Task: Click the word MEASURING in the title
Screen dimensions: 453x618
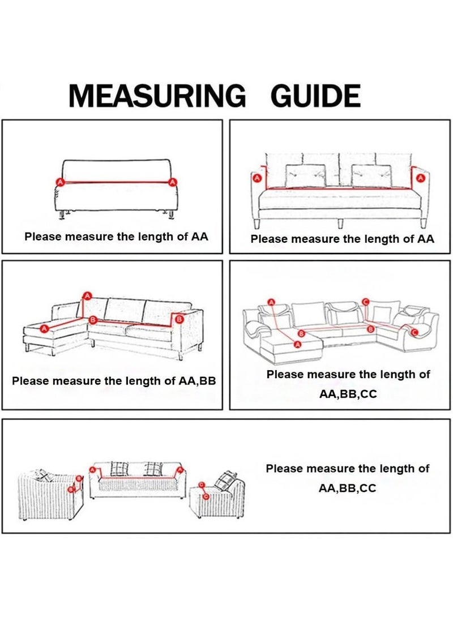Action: [x=157, y=96]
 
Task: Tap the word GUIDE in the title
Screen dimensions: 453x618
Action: [x=315, y=96]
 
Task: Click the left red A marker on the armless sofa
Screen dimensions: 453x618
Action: [x=60, y=182]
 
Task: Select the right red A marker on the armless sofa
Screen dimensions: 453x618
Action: [x=172, y=182]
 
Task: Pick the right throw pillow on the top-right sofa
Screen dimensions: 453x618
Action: [x=371, y=176]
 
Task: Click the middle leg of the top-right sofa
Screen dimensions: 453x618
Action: [x=340, y=224]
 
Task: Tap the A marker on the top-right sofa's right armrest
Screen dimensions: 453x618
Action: [x=420, y=178]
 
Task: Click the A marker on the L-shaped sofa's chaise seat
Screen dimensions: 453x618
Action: [x=44, y=328]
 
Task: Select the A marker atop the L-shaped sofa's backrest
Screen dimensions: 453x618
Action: [x=88, y=295]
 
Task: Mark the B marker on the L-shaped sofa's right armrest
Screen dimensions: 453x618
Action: [x=178, y=319]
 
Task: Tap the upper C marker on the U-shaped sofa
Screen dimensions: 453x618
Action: [x=365, y=302]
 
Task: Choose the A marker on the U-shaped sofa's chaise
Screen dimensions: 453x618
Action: [x=298, y=345]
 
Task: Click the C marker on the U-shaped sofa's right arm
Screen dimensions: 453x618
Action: [x=414, y=332]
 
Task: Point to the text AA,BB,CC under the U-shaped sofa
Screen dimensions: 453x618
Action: [x=348, y=394]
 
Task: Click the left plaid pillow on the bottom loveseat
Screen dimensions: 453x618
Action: [x=119, y=469]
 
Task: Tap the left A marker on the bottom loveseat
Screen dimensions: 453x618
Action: [x=93, y=470]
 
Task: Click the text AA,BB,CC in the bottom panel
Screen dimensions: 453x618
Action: [x=347, y=488]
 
